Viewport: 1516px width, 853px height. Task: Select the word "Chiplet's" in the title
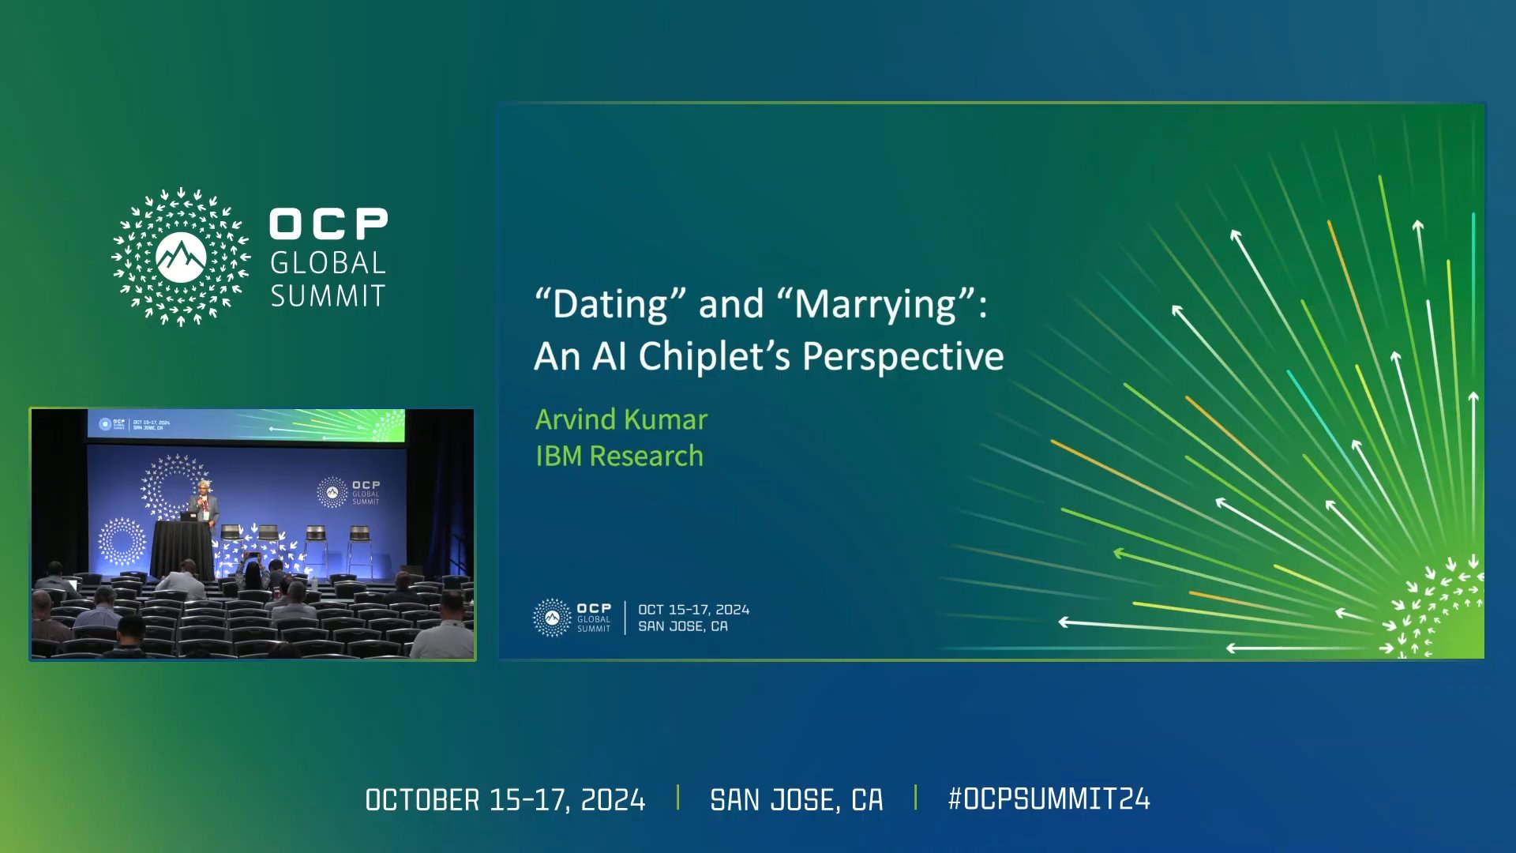(714, 356)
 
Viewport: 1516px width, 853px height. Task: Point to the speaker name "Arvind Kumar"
(621, 419)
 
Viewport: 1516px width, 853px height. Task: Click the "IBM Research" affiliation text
(619, 456)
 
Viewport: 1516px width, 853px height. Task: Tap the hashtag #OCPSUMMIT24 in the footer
(1049, 799)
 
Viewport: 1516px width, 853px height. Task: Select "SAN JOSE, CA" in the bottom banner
(796, 800)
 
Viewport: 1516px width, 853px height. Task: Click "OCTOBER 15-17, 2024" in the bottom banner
(505, 800)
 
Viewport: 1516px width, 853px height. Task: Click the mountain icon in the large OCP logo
(181, 257)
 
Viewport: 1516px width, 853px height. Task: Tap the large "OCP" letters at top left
(328, 224)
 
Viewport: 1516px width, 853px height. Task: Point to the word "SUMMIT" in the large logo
(328, 296)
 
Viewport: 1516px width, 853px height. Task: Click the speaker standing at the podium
(204, 501)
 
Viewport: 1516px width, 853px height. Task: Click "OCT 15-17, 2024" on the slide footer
(693, 610)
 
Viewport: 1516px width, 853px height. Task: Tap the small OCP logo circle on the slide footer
(552, 618)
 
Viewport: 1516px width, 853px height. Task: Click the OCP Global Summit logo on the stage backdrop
(348, 492)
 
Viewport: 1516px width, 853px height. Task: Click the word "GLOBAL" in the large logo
(328, 263)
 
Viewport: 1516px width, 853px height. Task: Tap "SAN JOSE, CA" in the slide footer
(683, 626)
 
